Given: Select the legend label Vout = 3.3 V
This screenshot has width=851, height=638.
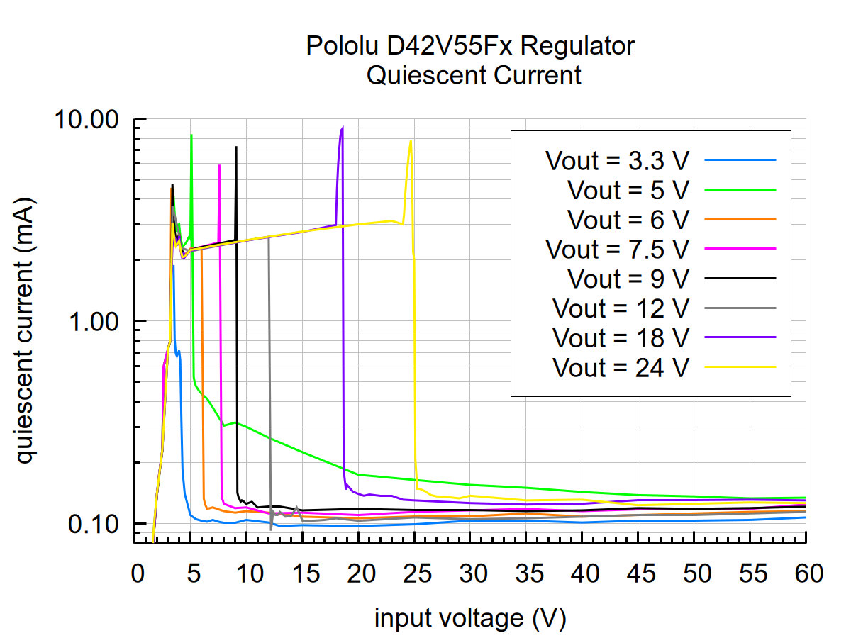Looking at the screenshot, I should pyautogui.click(x=617, y=160).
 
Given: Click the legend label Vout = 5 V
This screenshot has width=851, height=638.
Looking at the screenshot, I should pyautogui.click(x=628, y=190).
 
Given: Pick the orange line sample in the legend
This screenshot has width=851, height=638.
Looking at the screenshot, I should pyautogui.click(x=740, y=220).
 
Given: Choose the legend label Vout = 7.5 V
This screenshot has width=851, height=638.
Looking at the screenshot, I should pyautogui.click(x=617, y=250).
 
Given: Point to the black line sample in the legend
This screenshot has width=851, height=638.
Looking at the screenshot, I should pyautogui.click(x=740, y=279).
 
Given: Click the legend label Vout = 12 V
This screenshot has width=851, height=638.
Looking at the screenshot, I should pyautogui.click(x=621, y=309).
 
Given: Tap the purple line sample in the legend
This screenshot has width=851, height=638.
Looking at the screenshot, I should pyautogui.click(x=740, y=338).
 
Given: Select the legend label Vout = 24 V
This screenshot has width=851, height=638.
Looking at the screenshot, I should pyautogui.click(x=621, y=368).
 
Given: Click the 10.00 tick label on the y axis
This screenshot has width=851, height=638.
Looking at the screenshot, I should pyautogui.click(x=87, y=119).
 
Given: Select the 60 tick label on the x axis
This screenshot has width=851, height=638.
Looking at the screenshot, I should pyautogui.click(x=806, y=573).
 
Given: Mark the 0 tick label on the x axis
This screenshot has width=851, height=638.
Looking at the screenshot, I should pyautogui.click(x=137, y=573).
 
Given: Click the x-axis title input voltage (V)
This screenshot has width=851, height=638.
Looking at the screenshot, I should pyautogui.click(x=470, y=618).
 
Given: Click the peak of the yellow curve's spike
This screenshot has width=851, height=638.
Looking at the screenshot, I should pyautogui.click(x=410, y=141).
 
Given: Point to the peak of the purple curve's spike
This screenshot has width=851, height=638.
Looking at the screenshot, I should pyautogui.click(x=343, y=128).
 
